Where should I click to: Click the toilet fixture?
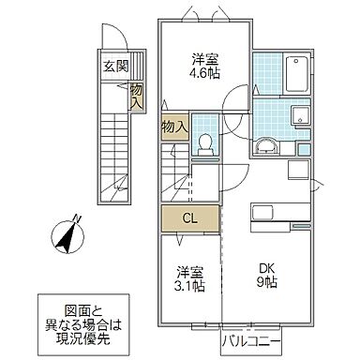(206, 142)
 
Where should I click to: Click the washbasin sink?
(265, 143)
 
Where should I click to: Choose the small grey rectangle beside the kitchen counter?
(303, 227)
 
